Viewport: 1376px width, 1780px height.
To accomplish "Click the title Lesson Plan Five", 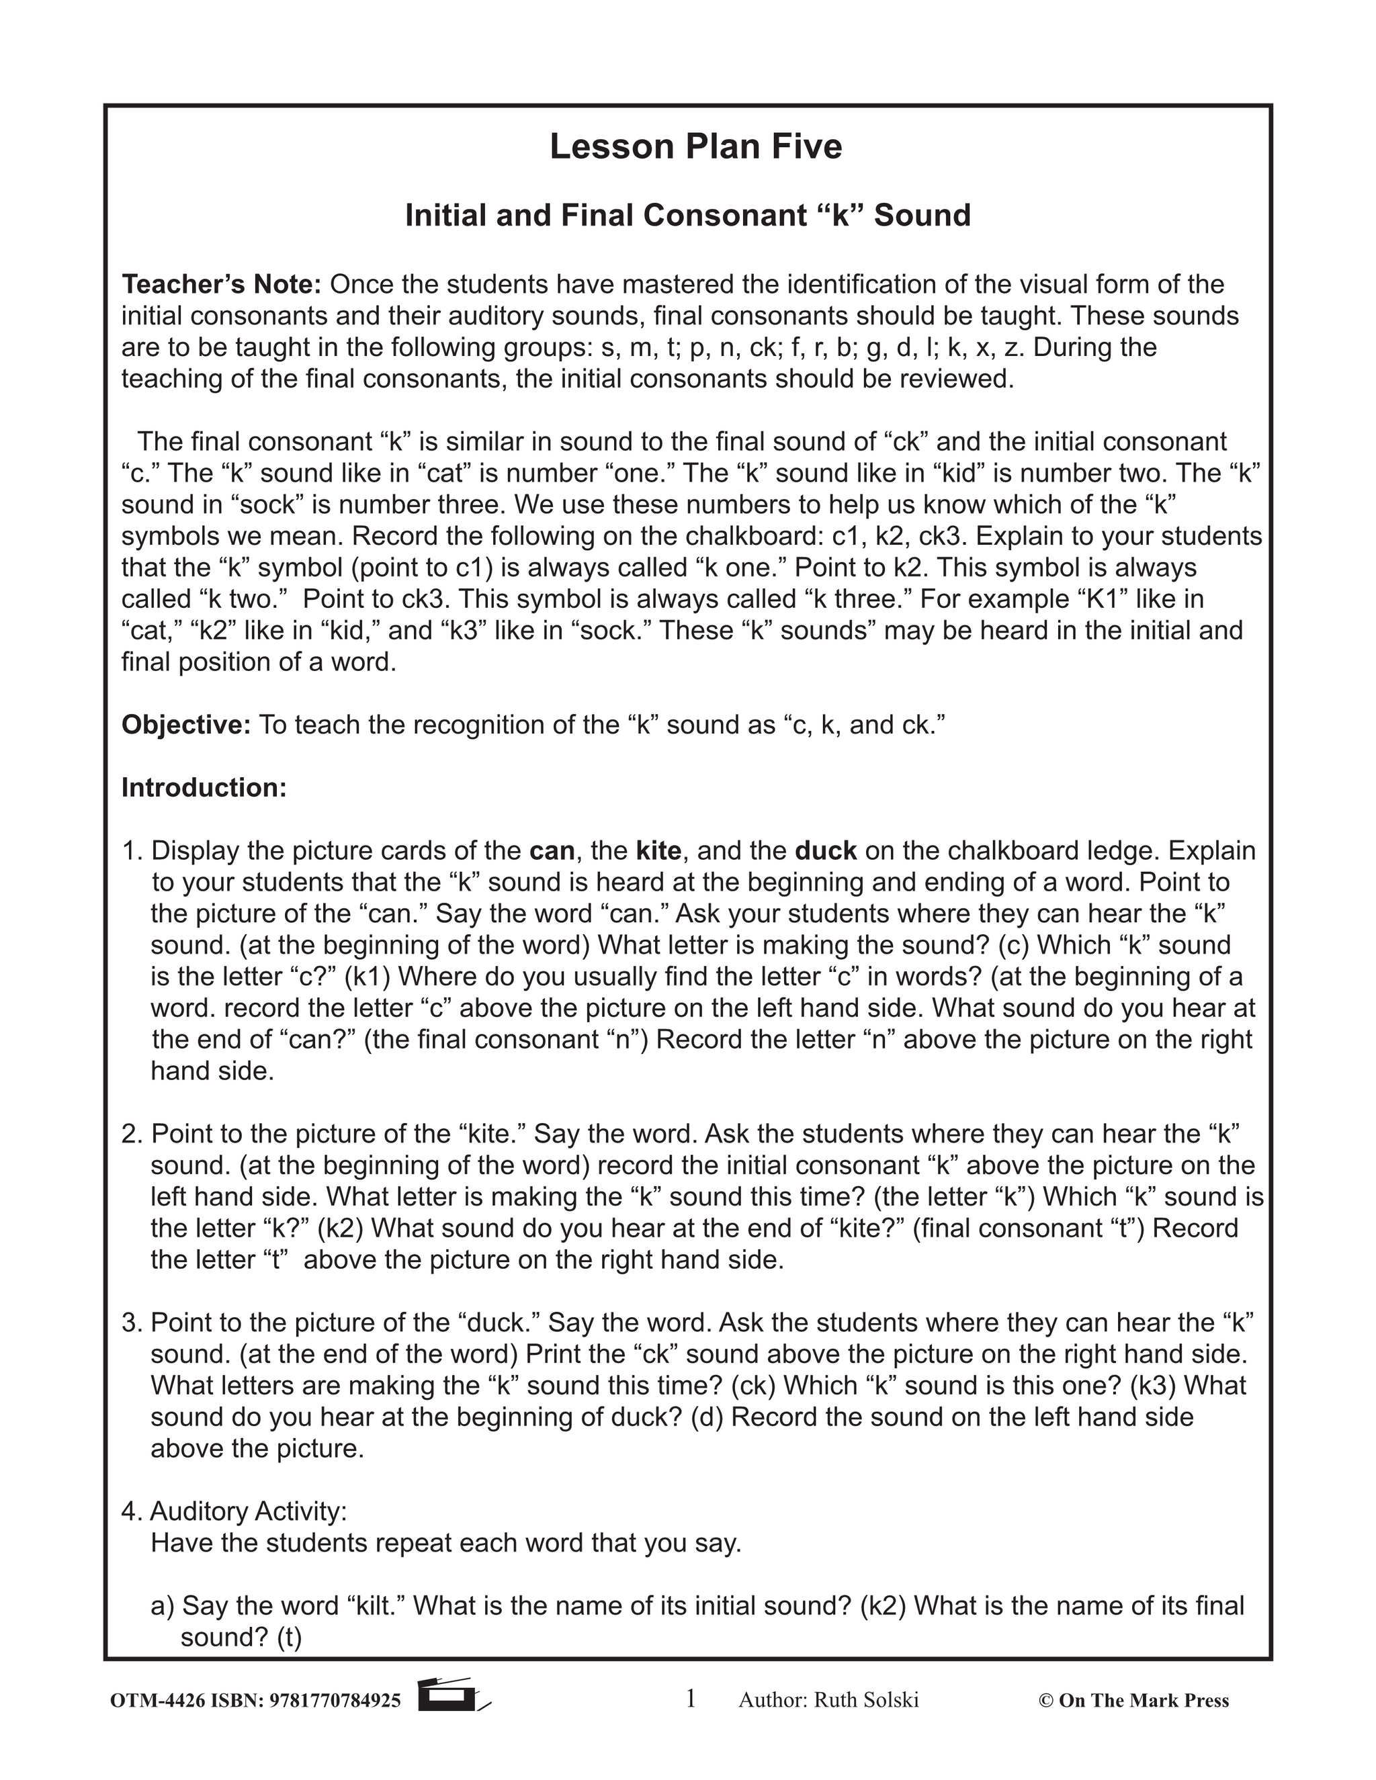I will pos(695,146).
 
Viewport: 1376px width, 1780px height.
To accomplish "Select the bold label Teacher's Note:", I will pos(222,284).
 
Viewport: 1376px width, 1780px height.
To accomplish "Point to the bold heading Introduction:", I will pos(204,787).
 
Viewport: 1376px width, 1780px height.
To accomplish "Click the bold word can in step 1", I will pos(552,851).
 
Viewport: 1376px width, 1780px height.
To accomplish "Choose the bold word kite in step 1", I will pos(658,851).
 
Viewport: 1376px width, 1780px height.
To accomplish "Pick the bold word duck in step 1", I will pos(825,851).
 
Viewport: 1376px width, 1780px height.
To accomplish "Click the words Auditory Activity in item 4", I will pos(248,1512).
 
